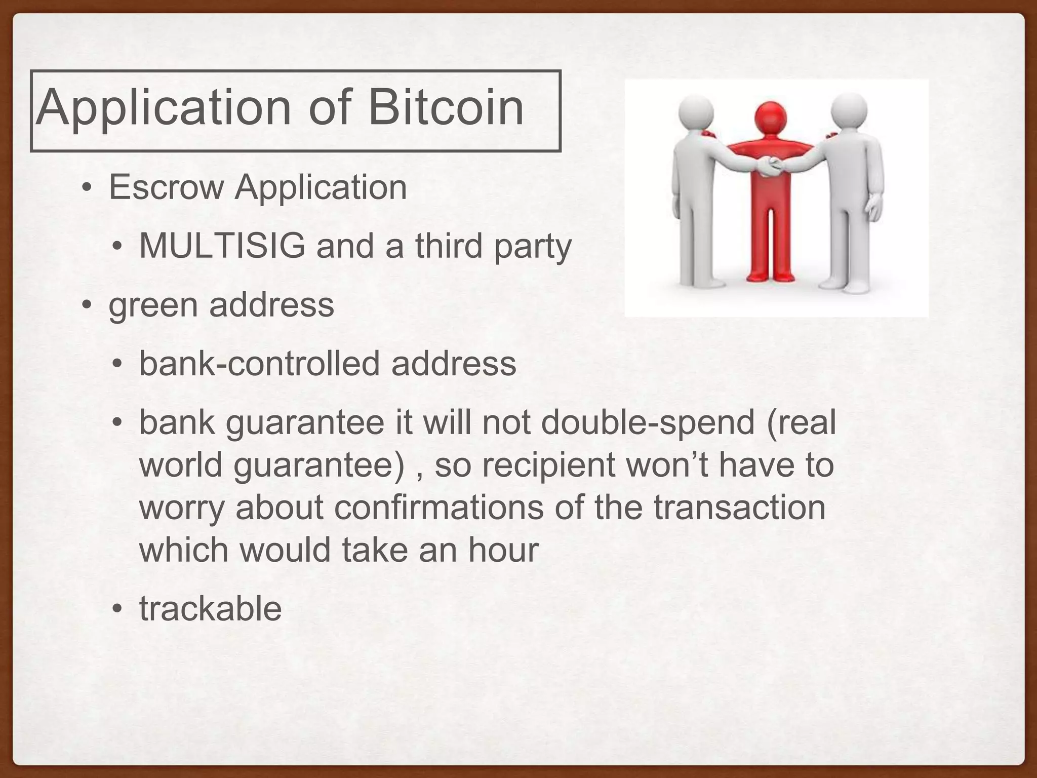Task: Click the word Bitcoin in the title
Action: [446, 107]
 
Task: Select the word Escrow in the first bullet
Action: [166, 187]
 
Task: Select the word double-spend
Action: [648, 422]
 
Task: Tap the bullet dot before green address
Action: [87, 305]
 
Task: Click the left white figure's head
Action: [695, 112]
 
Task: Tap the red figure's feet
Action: [770, 277]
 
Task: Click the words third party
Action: [493, 247]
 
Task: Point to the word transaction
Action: [739, 508]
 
